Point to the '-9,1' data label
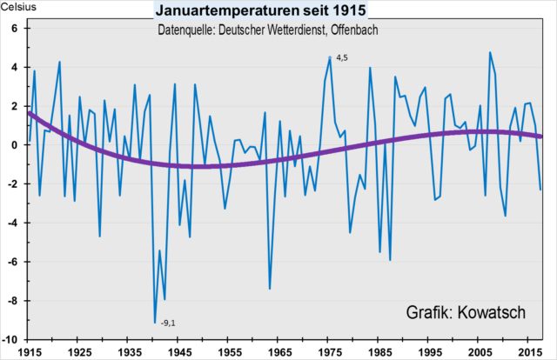coord(168,324)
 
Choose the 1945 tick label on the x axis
coord(180,353)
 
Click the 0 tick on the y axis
coord(15,144)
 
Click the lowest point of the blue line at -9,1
coord(155,323)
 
